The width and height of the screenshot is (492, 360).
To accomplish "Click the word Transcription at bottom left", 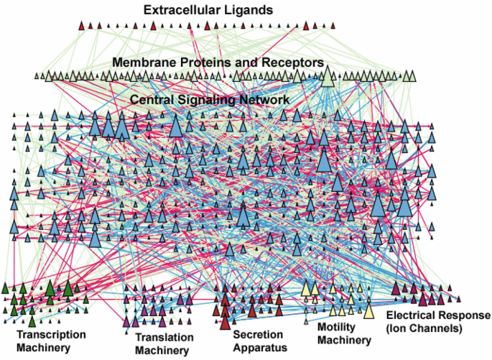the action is click(51, 334).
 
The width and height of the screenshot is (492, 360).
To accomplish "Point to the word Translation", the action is click(164, 337).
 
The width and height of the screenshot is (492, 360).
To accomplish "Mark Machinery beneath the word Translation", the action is click(162, 350).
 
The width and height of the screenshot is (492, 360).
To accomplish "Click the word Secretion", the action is click(256, 334).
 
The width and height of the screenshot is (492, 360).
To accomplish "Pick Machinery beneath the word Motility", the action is click(345, 340).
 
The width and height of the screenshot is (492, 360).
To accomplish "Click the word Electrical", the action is click(413, 316).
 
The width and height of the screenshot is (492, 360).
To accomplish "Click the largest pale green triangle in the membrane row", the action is click(328, 75).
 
